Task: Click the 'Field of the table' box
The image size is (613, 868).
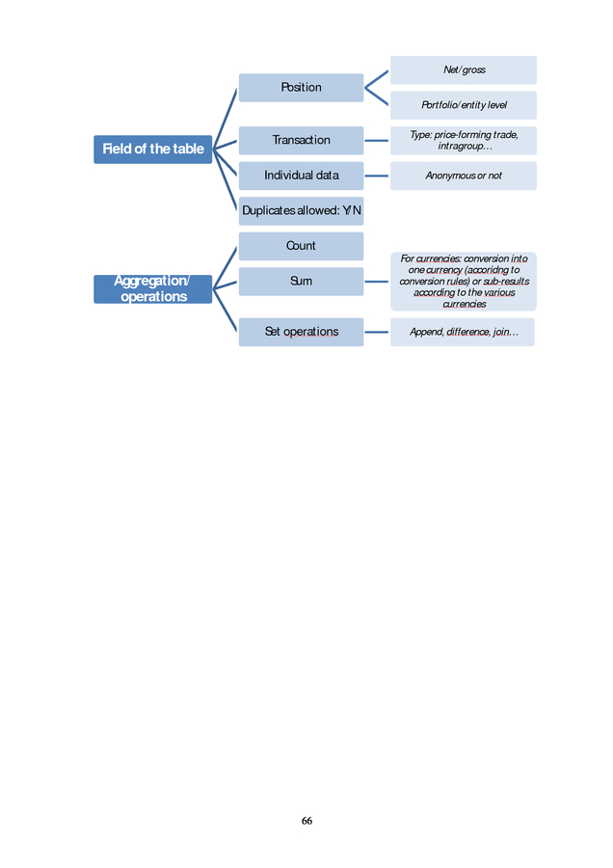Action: pyautogui.click(x=152, y=149)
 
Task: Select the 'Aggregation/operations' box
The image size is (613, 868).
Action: pyautogui.click(x=152, y=289)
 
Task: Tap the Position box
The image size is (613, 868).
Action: pyautogui.click(x=301, y=88)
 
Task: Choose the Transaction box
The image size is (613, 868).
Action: pyautogui.click(x=301, y=140)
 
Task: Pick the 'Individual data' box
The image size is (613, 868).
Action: pyautogui.click(x=301, y=176)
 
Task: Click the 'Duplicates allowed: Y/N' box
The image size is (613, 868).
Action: pyautogui.click(x=301, y=211)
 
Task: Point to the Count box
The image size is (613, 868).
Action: pyautogui.click(x=301, y=246)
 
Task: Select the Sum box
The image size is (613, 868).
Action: pyautogui.click(x=301, y=282)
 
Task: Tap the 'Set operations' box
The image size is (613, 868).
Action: pyautogui.click(x=301, y=332)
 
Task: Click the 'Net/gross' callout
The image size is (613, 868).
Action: pyautogui.click(x=464, y=69)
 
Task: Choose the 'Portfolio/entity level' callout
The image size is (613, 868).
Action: pyautogui.click(x=464, y=105)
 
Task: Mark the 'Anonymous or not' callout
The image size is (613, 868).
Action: pyautogui.click(x=464, y=176)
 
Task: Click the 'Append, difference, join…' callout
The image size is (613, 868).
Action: pyautogui.click(x=463, y=332)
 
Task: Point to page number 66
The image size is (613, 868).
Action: pyautogui.click(x=306, y=821)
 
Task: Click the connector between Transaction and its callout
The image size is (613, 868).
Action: pyautogui.click(x=377, y=141)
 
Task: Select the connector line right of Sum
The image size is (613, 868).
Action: pyautogui.click(x=377, y=282)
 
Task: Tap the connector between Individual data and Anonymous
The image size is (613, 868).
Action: pyautogui.click(x=377, y=176)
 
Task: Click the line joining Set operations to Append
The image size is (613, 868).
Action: pyautogui.click(x=377, y=332)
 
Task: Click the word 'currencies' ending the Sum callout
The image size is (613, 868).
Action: pyautogui.click(x=465, y=304)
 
